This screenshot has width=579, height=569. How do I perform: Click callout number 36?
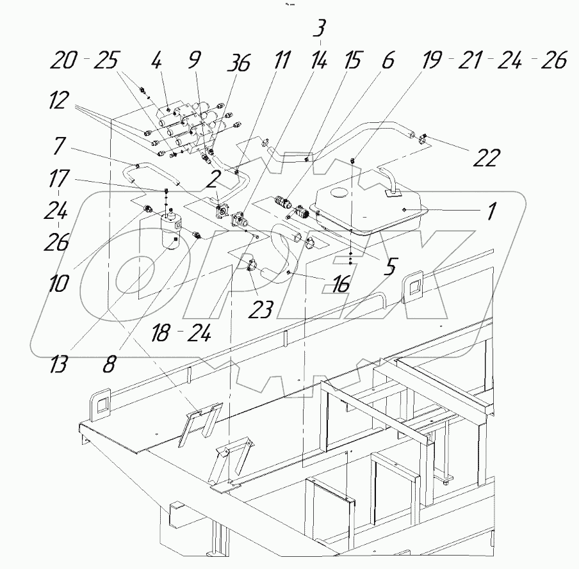coord(239,63)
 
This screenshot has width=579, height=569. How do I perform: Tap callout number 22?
coord(487,158)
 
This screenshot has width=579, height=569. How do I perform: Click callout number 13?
coord(58,364)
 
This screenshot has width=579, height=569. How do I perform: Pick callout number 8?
coord(110,364)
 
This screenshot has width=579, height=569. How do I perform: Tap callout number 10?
coord(58,284)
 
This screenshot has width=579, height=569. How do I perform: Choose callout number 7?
coord(59,147)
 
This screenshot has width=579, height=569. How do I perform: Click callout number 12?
coord(58,100)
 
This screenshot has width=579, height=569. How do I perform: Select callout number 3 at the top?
coord(319,28)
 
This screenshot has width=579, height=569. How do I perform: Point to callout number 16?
coord(339,284)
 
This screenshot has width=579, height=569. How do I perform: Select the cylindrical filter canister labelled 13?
coord(171,230)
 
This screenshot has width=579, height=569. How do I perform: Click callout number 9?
coord(194,60)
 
